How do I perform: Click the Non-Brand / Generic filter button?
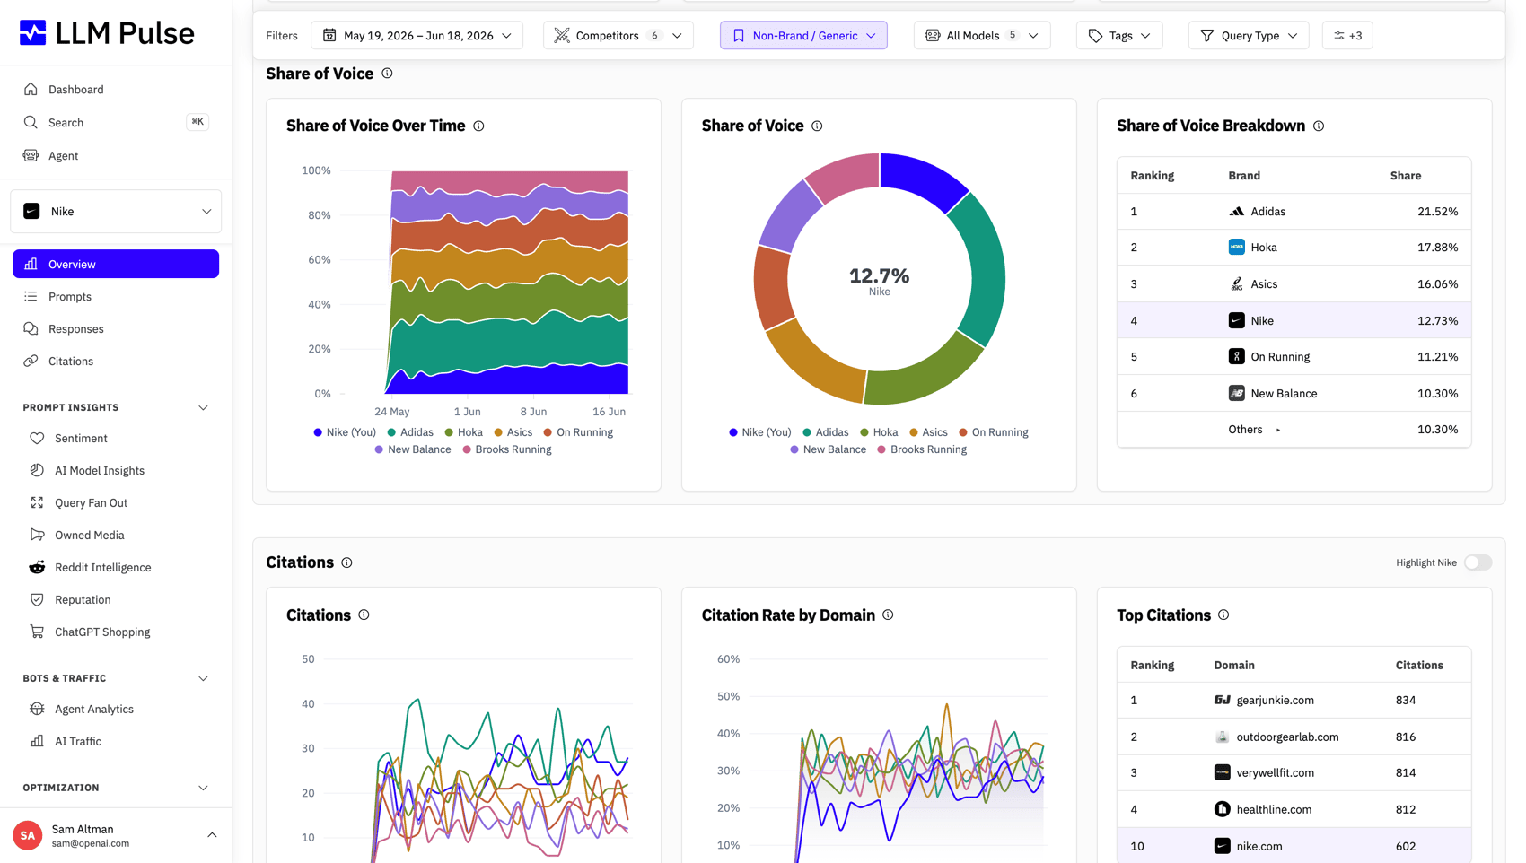(x=803, y=35)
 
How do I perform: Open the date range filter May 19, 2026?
(x=417, y=35)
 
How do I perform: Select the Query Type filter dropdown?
(x=1248, y=35)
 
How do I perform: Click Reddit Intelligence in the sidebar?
(x=103, y=567)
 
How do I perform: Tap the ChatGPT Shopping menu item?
(x=102, y=632)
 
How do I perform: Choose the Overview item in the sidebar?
(x=116, y=264)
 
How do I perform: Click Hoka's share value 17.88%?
(x=1437, y=247)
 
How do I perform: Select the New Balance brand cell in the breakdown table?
(x=1273, y=394)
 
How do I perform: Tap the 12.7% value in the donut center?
(x=879, y=275)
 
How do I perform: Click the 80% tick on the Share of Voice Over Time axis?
(x=319, y=215)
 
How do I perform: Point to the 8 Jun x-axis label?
(x=533, y=412)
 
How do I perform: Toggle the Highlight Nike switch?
(x=1478, y=562)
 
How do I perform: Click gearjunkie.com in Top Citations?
(x=1275, y=701)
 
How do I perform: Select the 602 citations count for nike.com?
(x=1406, y=846)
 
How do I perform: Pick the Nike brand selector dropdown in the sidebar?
(x=116, y=212)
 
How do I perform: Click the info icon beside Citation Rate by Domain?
(x=888, y=615)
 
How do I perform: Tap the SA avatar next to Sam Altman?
(x=27, y=835)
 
